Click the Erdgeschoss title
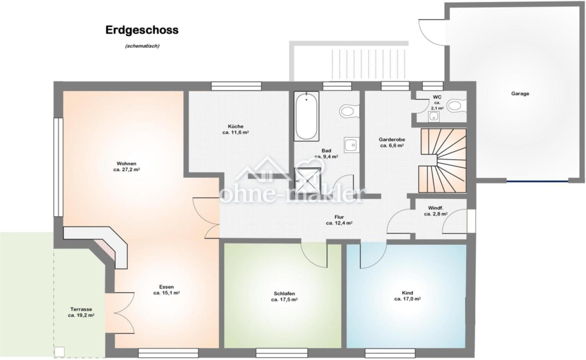tap(142, 30)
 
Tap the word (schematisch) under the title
tap(142, 46)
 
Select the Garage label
tap(520, 93)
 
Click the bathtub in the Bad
tap(306, 116)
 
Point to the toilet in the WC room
tap(456, 106)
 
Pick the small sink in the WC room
tap(434, 117)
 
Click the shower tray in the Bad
tap(307, 181)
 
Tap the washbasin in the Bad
tap(351, 145)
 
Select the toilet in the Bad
tap(349, 111)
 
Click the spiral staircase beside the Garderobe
tap(443, 160)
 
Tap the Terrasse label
tap(81, 309)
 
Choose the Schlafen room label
tap(284, 294)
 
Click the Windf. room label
tap(435, 208)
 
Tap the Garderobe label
tap(392, 140)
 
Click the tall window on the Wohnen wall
tap(58, 167)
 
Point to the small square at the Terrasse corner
tap(59, 351)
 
